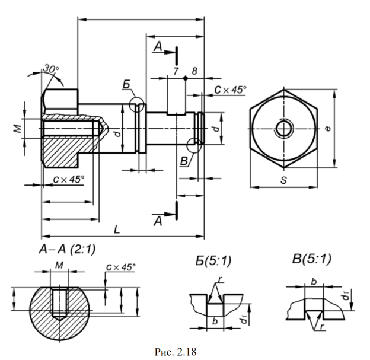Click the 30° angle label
coord(51,69)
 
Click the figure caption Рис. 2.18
coord(176,352)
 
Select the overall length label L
coord(117,229)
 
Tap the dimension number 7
coord(176,71)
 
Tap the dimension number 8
coord(194,71)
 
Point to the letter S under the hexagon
coord(284,180)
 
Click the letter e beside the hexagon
coord(328,129)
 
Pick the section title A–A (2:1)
coord(67,249)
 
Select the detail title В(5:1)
coord(311,259)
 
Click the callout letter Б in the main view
coord(126,84)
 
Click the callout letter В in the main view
coord(184,161)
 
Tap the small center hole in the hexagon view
coord(284,129)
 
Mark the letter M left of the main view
coord(17,129)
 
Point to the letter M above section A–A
coord(59,265)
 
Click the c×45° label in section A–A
coord(121,267)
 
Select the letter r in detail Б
coord(220,279)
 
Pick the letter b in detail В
coord(314,282)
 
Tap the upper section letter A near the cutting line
coord(158,46)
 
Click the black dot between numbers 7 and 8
coord(186,78)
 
